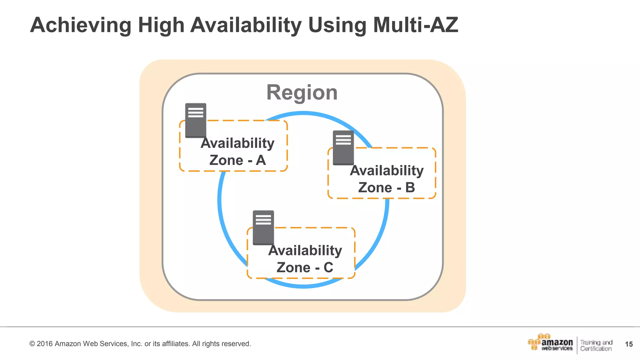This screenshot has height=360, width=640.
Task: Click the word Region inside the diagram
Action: (302, 92)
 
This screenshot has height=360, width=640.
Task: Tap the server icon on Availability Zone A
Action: (196, 120)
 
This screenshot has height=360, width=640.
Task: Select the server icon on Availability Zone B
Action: (343, 147)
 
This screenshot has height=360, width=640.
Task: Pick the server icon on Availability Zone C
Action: (263, 227)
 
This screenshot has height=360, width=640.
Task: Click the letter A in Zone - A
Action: (261, 160)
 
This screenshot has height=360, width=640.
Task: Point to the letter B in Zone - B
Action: (410, 187)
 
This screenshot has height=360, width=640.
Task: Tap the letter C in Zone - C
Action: (328, 267)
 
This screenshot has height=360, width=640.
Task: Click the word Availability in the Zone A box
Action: (237, 143)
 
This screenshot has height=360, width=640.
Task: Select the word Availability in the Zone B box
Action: (387, 171)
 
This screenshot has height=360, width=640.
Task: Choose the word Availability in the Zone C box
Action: (305, 251)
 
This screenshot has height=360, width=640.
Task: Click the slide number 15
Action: (629, 344)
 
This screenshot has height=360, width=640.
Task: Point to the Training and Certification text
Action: (596, 345)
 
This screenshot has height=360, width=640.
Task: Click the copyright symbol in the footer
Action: (32, 344)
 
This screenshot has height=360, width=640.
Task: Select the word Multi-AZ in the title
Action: (415, 25)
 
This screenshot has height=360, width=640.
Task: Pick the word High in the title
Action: (161, 25)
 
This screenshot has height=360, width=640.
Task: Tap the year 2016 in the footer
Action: (45, 344)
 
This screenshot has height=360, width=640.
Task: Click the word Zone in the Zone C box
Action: (293, 267)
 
